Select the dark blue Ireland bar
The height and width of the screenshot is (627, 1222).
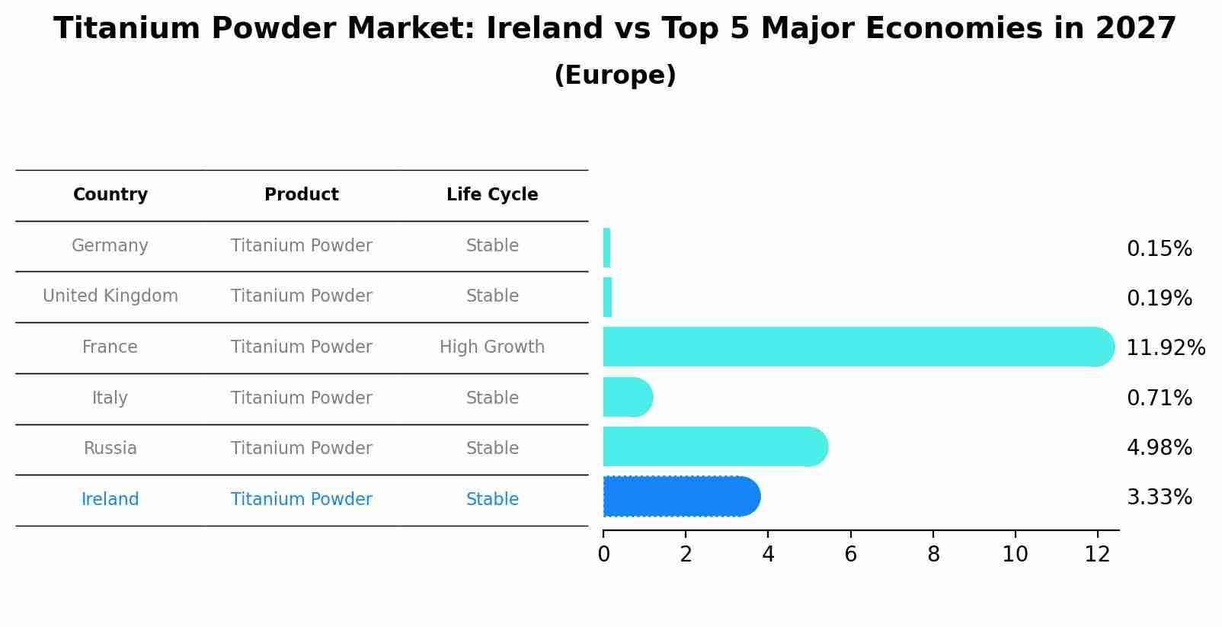point(680,497)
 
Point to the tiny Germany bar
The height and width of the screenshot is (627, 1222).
point(606,248)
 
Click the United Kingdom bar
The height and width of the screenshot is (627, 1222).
point(607,297)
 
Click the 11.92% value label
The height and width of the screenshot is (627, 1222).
point(1165,348)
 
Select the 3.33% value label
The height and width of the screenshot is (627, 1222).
point(1159,497)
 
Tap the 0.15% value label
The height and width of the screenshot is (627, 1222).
point(1159,249)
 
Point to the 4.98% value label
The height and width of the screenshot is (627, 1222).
point(1159,448)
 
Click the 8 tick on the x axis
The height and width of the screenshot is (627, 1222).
point(933,555)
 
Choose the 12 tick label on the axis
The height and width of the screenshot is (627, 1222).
point(1097,555)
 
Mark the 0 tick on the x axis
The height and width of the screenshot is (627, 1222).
point(603,555)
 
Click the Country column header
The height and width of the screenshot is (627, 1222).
point(110,195)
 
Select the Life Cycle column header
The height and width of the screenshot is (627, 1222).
point(492,195)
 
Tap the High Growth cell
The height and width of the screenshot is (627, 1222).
point(492,347)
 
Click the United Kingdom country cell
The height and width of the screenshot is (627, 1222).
point(110,296)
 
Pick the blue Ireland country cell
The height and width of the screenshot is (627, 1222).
point(110,500)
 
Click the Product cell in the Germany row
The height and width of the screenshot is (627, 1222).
point(302,246)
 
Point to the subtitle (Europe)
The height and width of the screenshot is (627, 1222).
point(615,75)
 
